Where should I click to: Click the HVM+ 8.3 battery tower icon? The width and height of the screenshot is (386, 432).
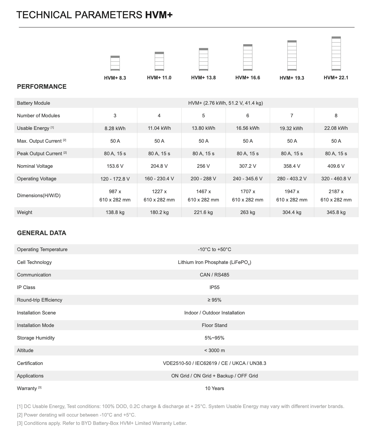(115, 63)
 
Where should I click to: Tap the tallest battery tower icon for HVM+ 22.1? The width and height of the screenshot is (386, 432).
(336, 54)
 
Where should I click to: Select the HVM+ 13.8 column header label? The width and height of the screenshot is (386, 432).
(203, 78)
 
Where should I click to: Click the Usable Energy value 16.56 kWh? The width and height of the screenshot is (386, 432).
(248, 128)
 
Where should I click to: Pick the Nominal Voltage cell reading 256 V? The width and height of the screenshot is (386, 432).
(203, 166)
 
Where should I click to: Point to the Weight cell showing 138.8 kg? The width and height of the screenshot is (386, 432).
(115, 212)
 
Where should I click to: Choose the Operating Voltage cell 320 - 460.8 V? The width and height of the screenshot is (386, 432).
(336, 179)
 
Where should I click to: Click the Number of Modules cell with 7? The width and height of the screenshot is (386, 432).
(292, 116)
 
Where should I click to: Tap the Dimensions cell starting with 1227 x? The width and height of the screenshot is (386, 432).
(159, 195)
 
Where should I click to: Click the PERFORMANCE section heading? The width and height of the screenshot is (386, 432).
(42, 86)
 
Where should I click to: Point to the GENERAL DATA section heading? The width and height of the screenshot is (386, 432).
(42, 233)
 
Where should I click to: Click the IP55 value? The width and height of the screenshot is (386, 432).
(214, 287)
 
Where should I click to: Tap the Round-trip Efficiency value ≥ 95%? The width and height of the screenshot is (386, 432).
(214, 300)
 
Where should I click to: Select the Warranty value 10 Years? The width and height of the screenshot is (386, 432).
(214, 388)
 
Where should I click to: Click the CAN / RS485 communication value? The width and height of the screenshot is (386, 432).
(214, 275)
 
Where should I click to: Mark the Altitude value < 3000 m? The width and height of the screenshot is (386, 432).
(214, 350)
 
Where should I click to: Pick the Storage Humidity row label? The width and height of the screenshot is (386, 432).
(36, 338)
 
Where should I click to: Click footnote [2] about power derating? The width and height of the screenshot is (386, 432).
(76, 415)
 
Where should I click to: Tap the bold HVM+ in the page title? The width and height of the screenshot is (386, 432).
(159, 15)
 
